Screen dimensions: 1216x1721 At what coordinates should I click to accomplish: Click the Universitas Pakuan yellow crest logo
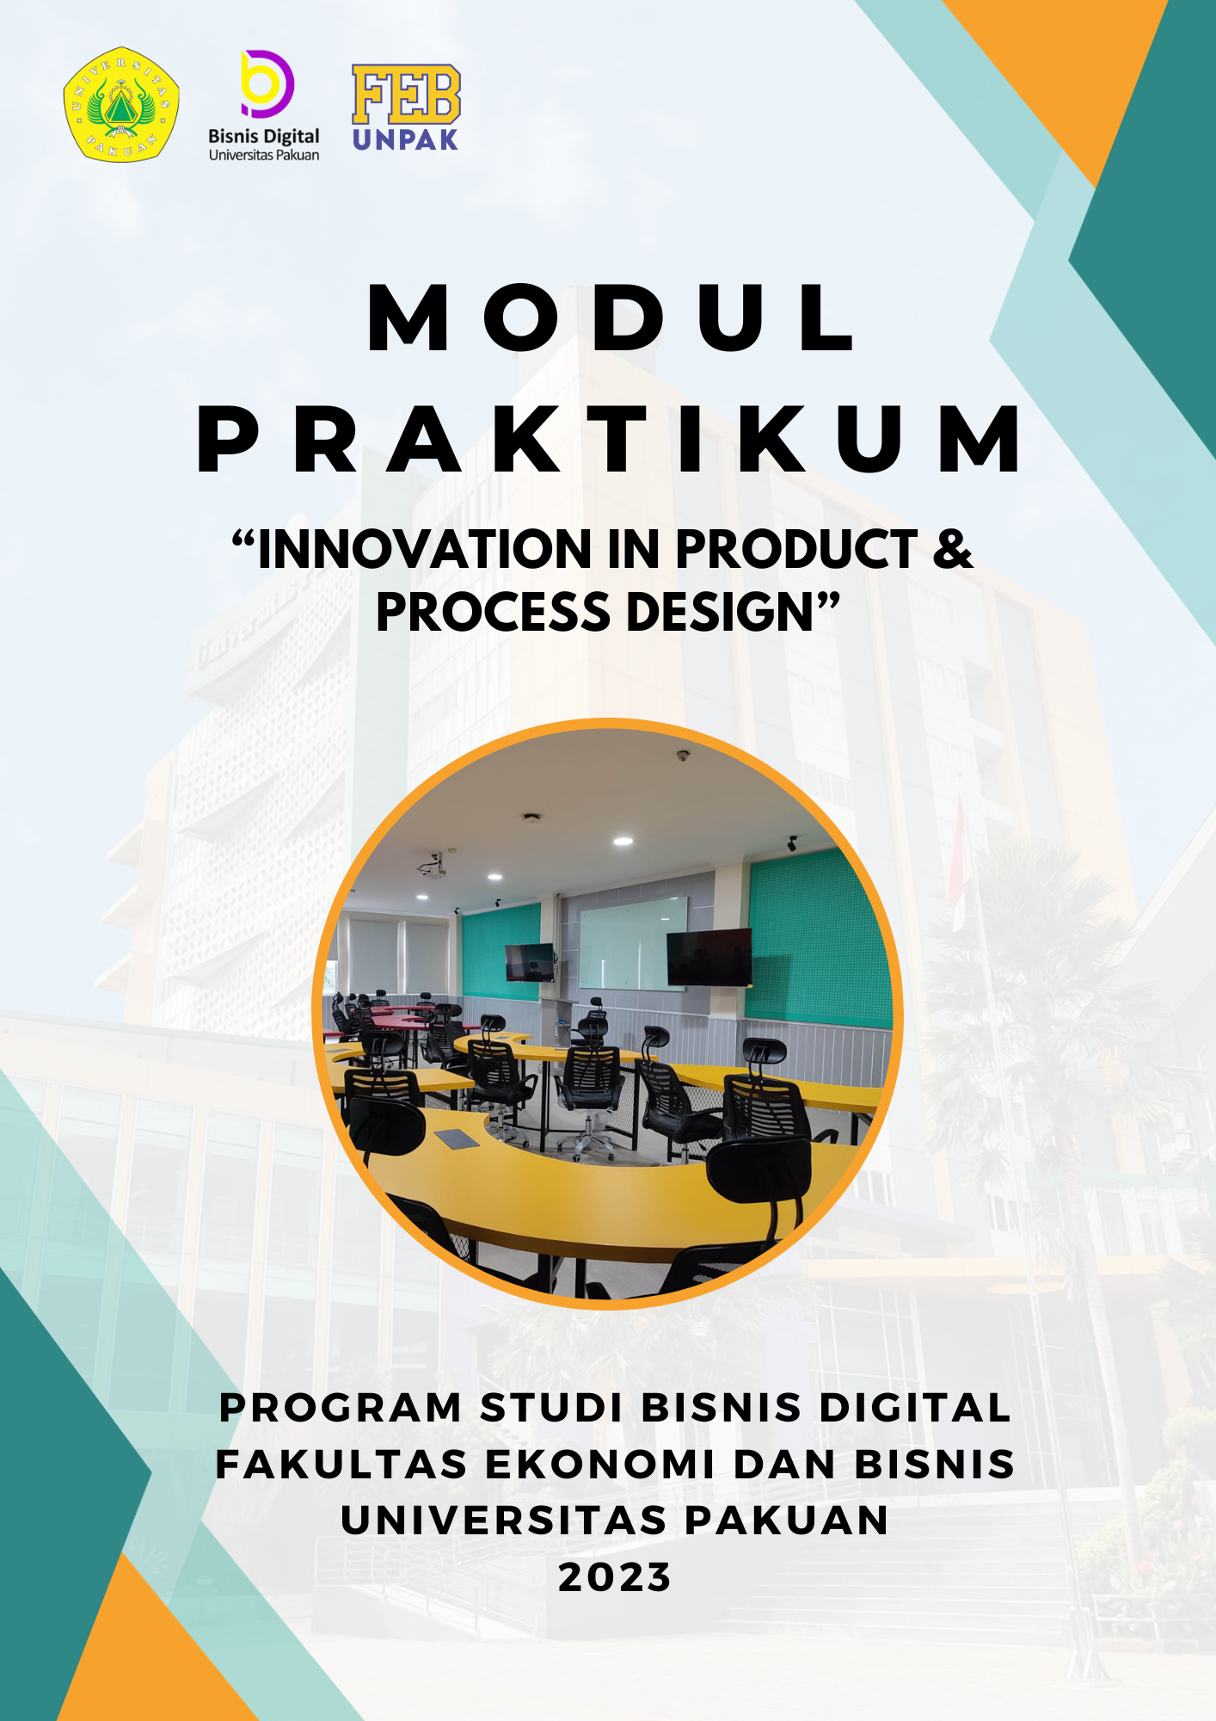(x=121, y=104)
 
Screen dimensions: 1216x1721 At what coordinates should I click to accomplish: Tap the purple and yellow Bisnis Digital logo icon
(x=267, y=83)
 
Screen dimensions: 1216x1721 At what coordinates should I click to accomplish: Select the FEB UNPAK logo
(x=406, y=108)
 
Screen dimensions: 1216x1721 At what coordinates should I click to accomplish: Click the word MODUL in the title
(x=611, y=318)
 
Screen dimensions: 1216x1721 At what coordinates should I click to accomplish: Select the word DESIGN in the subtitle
(x=720, y=612)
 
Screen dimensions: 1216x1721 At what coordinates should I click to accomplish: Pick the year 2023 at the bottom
(x=614, y=1577)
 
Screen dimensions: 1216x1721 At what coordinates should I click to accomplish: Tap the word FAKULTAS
(x=341, y=1465)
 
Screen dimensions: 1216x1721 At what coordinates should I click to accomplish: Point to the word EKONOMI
(x=600, y=1465)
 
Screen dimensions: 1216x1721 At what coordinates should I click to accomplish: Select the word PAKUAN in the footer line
(x=787, y=1521)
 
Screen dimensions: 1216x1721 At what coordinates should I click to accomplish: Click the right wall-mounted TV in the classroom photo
(x=709, y=958)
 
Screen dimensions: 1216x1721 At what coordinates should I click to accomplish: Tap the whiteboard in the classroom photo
(x=634, y=943)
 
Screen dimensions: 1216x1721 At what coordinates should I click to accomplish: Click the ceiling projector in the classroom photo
(x=432, y=867)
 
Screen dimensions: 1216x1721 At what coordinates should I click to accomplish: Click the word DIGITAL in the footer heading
(x=915, y=1408)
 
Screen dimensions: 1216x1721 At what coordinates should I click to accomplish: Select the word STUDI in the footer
(x=551, y=1408)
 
